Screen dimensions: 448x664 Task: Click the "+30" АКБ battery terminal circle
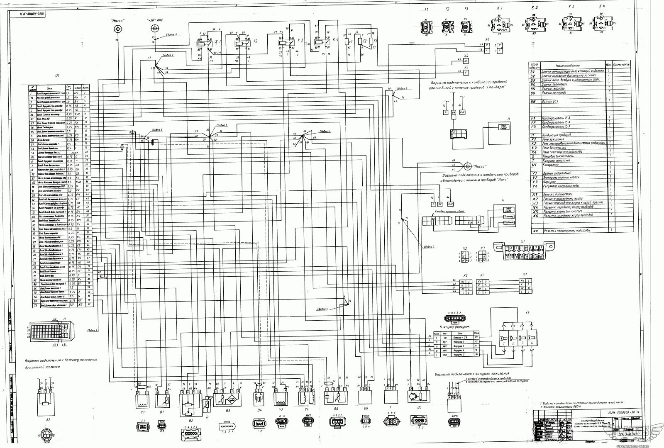(x=155, y=28)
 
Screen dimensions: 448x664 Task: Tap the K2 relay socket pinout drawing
(x=535, y=23)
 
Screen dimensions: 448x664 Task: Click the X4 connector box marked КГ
(x=466, y=61)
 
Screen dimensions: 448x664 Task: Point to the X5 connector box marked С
(x=466, y=72)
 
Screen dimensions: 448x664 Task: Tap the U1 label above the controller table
(x=57, y=76)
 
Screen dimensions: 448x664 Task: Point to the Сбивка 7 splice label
(x=429, y=246)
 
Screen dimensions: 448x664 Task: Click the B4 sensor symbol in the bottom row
(x=259, y=400)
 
